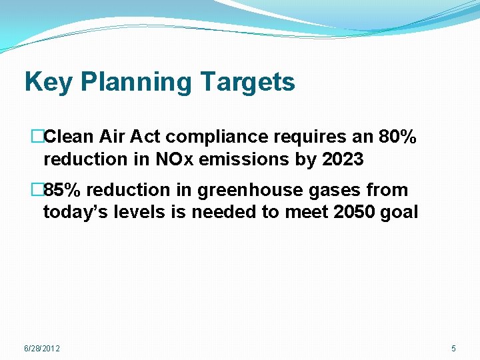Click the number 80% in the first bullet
[397, 137]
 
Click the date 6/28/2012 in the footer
[42, 349]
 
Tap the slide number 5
[453, 349]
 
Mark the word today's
[72, 213]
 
